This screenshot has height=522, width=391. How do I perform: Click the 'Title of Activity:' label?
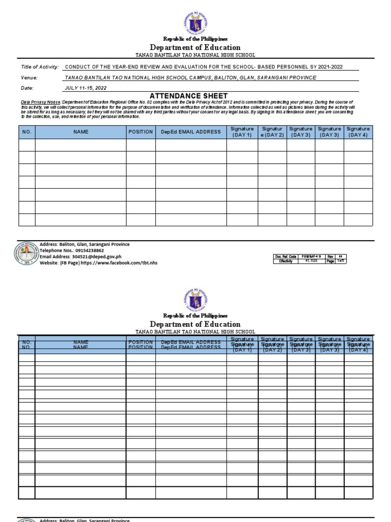point(40,67)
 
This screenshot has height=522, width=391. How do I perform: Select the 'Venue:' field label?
point(29,77)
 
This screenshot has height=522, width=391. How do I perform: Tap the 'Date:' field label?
point(27,88)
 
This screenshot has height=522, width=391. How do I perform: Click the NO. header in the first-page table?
point(27,132)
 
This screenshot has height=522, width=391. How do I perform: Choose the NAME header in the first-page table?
point(80,132)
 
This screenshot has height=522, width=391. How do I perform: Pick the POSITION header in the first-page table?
point(141,132)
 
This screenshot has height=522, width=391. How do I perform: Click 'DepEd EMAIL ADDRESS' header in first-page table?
point(191,132)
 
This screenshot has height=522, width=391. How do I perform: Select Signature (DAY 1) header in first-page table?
point(241,132)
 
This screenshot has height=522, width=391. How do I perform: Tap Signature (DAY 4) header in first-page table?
point(358,132)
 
